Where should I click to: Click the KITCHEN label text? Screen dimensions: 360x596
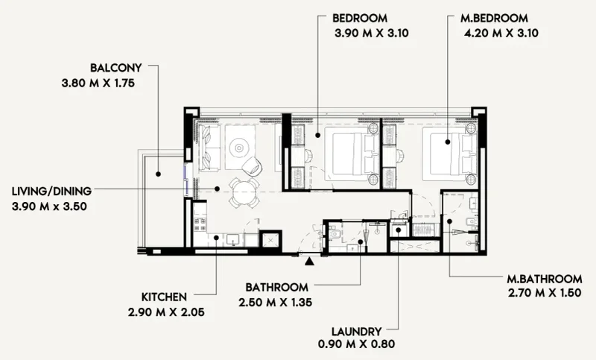coord(164,296)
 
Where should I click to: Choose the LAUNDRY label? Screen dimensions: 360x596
coord(358,331)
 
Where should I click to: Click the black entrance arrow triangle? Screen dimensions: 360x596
coord(308,259)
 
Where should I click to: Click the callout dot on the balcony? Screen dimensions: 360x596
coord(159,175)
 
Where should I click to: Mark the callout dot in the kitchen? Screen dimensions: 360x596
coord(217,238)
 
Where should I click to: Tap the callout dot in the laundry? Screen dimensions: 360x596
coord(398,230)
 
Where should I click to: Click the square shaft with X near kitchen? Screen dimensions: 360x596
coord(270,239)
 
